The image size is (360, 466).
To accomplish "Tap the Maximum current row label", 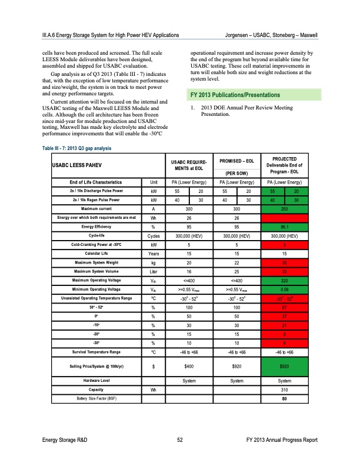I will tap(95, 208).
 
